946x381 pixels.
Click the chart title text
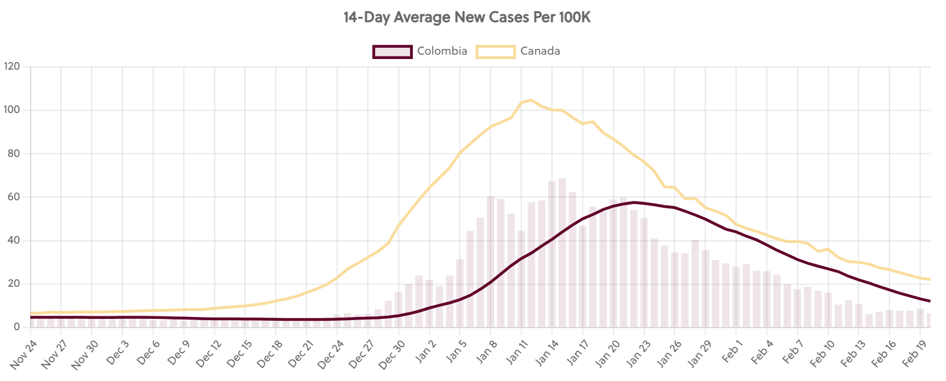(x=467, y=18)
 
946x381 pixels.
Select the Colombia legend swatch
(x=392, y=51)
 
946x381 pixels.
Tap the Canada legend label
(x=540, y=51)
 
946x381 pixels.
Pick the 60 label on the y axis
(x=14, y=197)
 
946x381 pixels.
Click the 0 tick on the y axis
(x=17, y=327)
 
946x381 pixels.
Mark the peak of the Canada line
(x=531, y=100)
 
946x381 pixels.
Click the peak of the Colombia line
(x=634, y=202)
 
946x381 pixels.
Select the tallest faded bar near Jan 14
(x=562, y=251)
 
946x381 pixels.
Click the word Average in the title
(x=419, y=18)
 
